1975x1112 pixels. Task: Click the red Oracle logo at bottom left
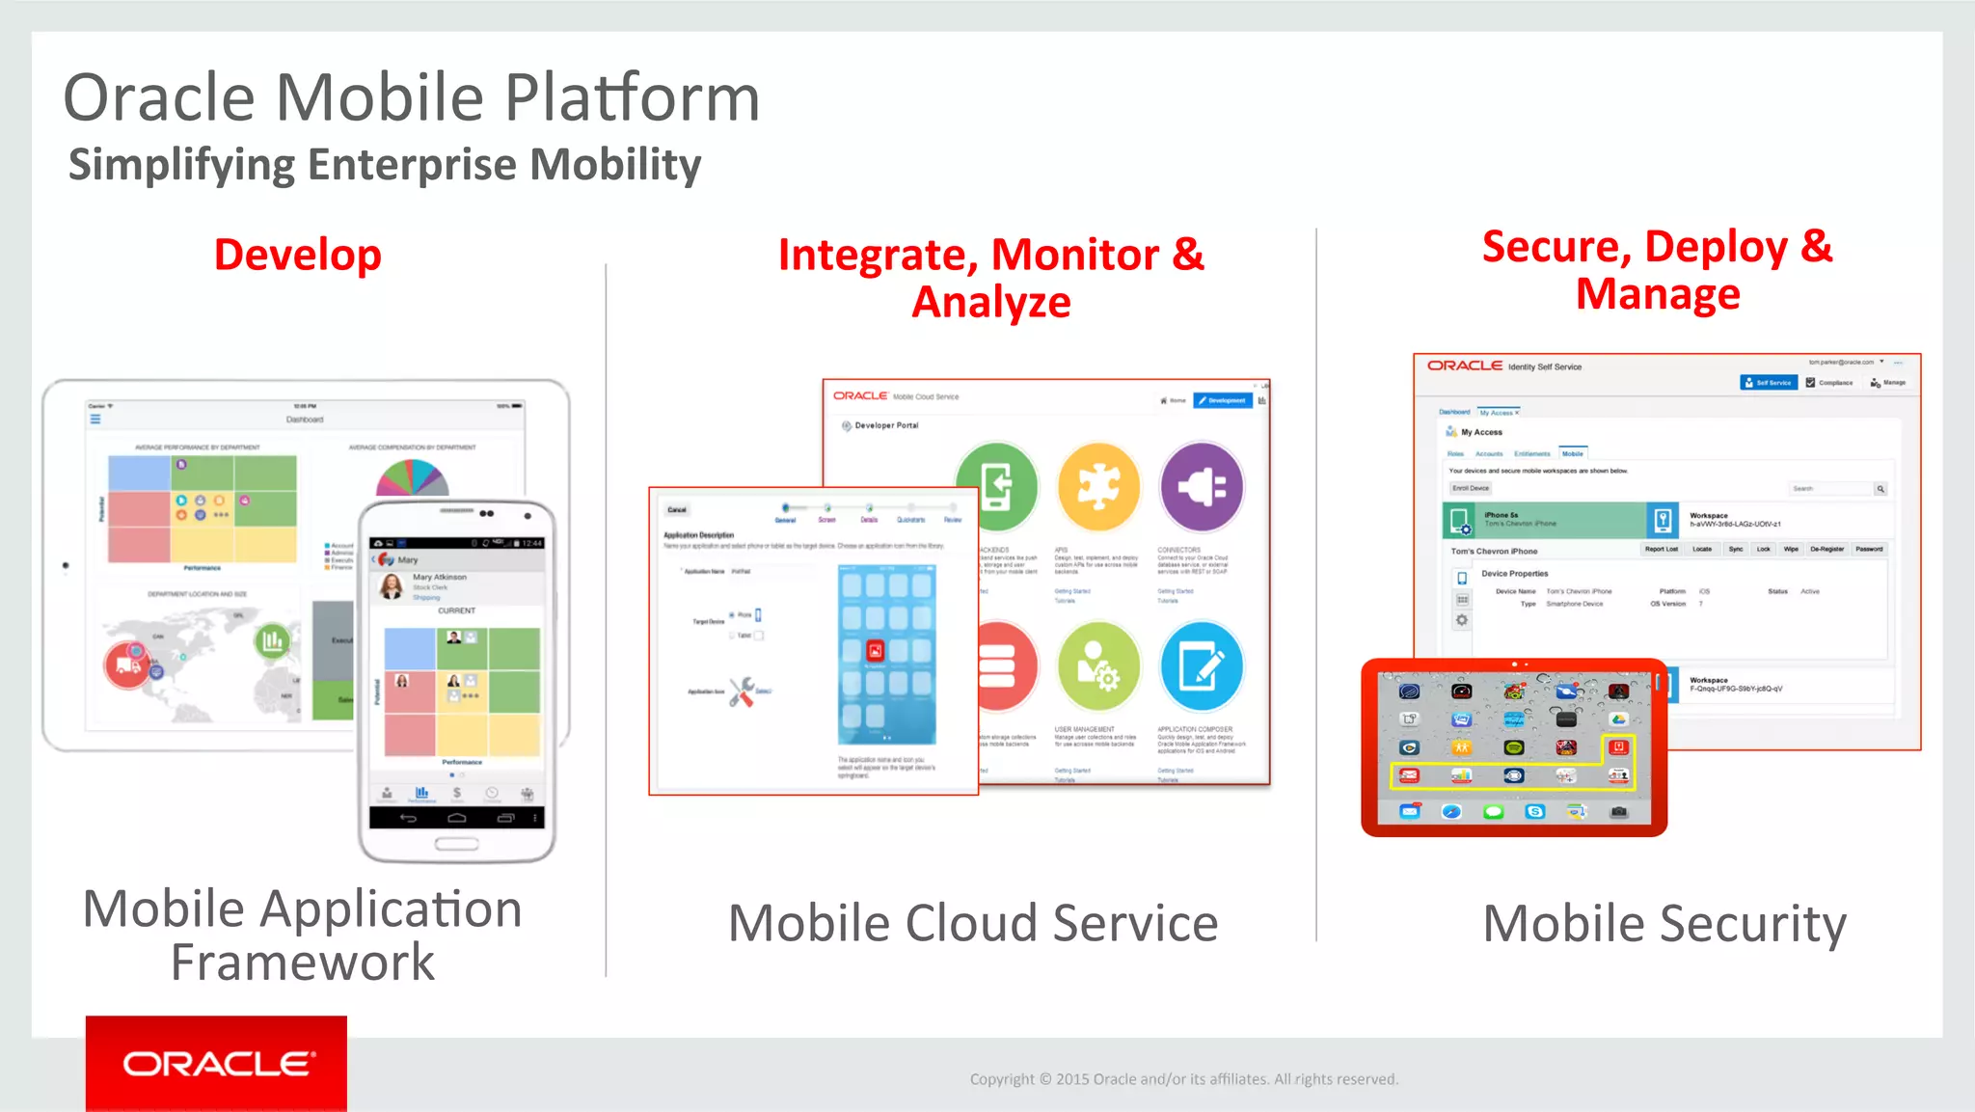216,1063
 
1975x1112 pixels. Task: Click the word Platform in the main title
633,98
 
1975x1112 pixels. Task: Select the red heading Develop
297,255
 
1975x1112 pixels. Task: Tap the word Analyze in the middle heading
991,303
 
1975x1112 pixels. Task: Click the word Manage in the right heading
1658,294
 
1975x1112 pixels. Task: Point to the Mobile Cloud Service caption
972,923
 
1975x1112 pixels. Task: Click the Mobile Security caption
1664,923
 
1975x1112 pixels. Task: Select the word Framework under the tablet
303,963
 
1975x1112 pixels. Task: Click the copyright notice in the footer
1183,1079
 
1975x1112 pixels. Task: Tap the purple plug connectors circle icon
1202,487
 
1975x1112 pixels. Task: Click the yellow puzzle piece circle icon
1098,487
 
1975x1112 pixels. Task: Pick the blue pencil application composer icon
1202,666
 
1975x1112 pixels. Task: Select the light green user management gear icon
1098,666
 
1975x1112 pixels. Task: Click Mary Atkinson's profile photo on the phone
392,585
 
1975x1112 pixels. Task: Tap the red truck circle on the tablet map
126,664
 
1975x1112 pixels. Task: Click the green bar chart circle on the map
272,640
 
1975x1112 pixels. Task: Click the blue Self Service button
1769,383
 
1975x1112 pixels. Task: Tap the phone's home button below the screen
456,844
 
